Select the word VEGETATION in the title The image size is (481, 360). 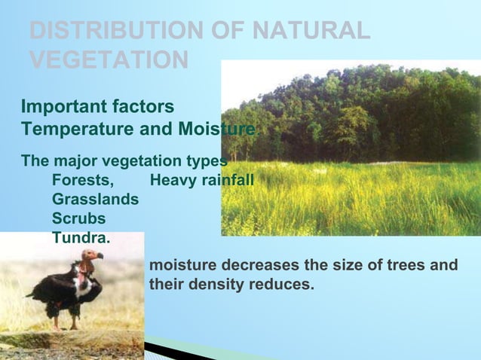pyautogui.click(x=109, y=59)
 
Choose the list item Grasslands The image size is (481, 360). pyautogui.click(x=95, y=200)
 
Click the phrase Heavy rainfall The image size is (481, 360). pyautogui.click(x=202, y=181)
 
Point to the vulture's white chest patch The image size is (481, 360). pyautogui.click(x=84, y=285)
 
